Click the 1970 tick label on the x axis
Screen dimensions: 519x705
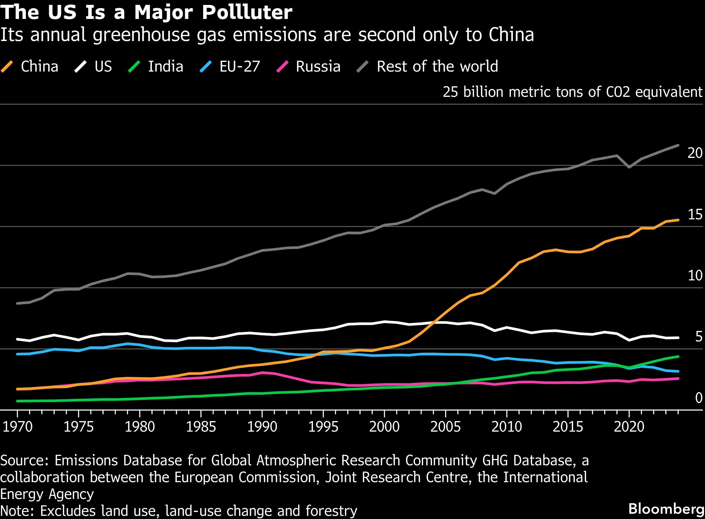pyautogui.click(x=18, y=426)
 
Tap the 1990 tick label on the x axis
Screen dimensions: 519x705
pyautogui.click(x=262, y=426)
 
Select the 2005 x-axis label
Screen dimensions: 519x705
pyautogui.click(x=445, y=426)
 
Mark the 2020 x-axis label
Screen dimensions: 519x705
pyautogui.click(x=629, y=426)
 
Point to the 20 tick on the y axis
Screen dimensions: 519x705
pyautogui.click(x=695, y=153)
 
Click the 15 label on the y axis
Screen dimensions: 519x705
pyautogui.click(x=695, y=214)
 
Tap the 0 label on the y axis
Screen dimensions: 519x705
pyautogui.click(x=698, y=398)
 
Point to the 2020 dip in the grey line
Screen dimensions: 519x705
pyautogui.click(x=629, y=167)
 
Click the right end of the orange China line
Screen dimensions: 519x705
pyautogui.click(x=678, y=220)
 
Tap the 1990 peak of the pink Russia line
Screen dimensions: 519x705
pyautogui.click(x=262, y=372)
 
